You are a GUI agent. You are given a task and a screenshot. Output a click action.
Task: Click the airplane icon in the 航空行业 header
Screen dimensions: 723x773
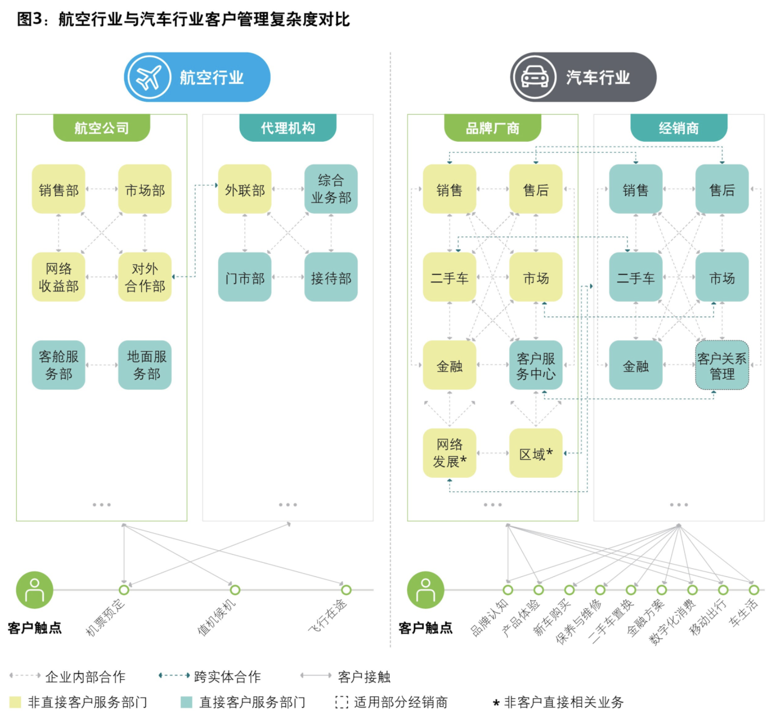(149, 77)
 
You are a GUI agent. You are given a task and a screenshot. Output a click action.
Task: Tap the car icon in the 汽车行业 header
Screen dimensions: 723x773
(534, 77)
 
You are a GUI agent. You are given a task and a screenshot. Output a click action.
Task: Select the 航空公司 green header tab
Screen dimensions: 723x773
(102, 128)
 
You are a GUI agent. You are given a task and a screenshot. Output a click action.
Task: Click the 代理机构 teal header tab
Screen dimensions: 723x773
(287, 128)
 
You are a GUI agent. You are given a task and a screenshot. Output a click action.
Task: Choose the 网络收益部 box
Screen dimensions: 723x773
(58, 277)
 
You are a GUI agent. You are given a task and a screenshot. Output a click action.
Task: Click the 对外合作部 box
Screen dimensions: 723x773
(145, 277)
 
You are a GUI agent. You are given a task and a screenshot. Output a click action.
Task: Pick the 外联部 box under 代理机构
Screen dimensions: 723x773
(245, 189)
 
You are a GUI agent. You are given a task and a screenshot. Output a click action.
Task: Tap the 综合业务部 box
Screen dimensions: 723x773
(331, 189)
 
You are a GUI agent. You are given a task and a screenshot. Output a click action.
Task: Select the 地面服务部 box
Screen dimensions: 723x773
(145, 365)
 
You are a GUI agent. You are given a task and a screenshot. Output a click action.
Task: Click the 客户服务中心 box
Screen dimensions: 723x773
(536, 365)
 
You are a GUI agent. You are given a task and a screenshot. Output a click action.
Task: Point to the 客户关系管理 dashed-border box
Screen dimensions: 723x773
(722, 365)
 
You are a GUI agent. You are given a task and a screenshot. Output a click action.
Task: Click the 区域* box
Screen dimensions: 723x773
(536, 453)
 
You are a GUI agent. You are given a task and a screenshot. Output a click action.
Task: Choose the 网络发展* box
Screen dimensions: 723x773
(449, 453)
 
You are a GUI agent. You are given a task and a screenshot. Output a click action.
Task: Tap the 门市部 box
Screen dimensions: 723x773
(245, 277)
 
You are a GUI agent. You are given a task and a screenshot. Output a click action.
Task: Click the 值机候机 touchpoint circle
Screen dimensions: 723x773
(235, 590)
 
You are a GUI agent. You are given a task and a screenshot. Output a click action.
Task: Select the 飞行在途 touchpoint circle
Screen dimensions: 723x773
(346, 590)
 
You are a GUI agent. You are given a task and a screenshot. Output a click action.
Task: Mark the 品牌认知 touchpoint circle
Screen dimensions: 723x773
(508, 590)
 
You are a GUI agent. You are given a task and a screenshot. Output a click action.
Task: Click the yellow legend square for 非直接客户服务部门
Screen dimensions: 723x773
(15, 702)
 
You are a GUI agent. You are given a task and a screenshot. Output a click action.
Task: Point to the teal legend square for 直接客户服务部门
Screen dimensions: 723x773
(187, 702)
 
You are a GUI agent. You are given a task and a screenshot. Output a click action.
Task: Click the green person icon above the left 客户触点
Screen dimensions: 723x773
(35, 590)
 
